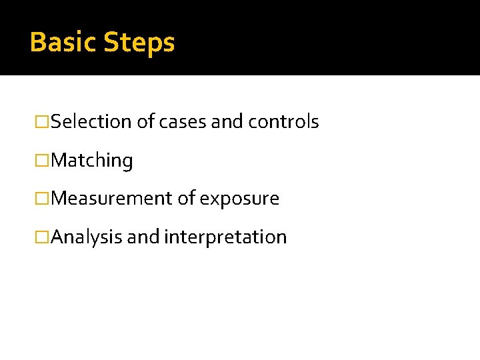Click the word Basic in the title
tap(63, 42)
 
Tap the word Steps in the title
tap(139, 43)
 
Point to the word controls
tap(283, 122)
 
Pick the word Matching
tap(92, 161)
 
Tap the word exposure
tap(240, 199)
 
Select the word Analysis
tap(86, 237)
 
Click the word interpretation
tap(225, 237)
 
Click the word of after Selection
tap(145, 122)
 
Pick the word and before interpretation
tap(143, 237)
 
